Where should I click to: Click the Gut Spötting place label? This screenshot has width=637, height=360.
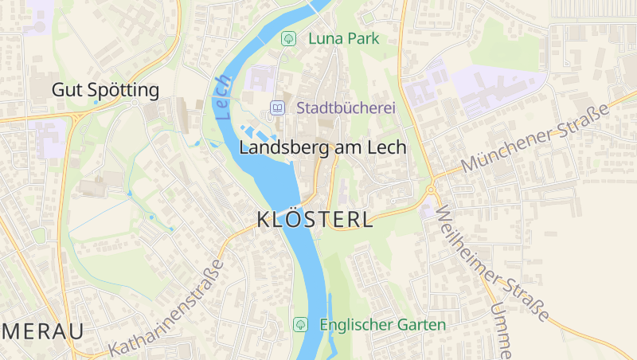pos(105,90)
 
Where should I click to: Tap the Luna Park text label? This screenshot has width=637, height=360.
pos(342,37)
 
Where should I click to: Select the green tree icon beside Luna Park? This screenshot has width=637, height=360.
pos(289,37)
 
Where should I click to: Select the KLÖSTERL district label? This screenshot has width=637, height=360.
pos(315,220)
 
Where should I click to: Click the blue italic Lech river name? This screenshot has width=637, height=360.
pos(223,97)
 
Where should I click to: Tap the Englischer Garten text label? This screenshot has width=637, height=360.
pos(382,325)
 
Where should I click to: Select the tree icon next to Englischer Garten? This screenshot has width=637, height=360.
pos(300,324)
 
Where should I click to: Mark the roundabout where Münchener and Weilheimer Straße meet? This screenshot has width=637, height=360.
pos(430,190)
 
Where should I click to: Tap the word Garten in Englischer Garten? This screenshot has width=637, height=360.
pos(422,325)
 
